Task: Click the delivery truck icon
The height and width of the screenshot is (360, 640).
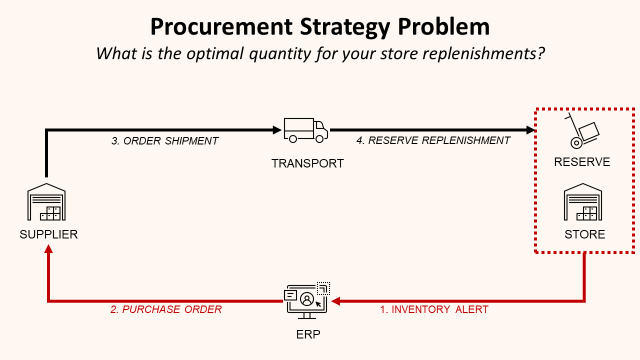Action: coord(305,130)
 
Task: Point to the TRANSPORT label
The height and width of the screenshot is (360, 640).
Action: coord(306,162)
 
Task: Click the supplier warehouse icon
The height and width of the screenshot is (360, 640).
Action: coord(47,202)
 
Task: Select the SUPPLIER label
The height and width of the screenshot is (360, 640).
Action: coord(47,235)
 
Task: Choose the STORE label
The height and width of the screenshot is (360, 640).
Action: coord(585,235)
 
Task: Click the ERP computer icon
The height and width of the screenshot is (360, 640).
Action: coord(306,298)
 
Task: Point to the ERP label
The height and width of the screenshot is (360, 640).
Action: coord(306,333)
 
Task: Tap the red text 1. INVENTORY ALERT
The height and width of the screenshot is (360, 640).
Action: coord(434,310)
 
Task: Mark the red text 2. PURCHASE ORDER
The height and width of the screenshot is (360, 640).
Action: coord(165,310)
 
